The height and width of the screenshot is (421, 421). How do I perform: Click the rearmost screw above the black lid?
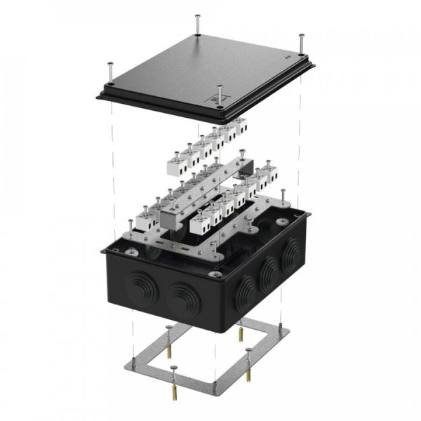(198, 22)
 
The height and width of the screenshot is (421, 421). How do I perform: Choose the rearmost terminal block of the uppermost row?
(240, 126)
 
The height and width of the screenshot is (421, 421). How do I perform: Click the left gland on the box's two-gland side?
(138, 285)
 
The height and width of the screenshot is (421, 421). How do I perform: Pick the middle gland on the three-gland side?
(267, 273)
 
